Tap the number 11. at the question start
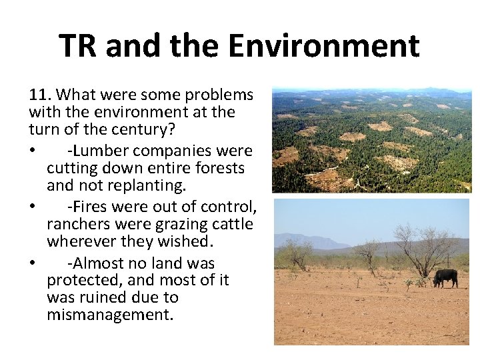pyautogui.click(x=39, y=95)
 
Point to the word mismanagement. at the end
pyautogui.click(x=110, y=314)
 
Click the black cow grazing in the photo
pyautogui.click(x=445, y=277)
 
